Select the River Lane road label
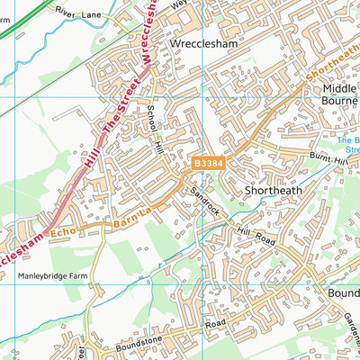tap(79, 13)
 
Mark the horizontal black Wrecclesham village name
tap(204, 42)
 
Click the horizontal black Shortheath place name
tap(274, 190)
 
